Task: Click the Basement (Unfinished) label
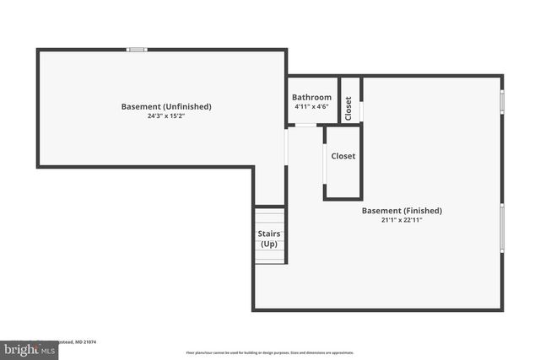[166, 106]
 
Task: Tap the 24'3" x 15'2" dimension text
[166, 116]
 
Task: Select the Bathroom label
[312, 98]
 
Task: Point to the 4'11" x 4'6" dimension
[312, 107]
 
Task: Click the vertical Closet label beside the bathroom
[349, 107]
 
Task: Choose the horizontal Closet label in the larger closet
[343, 156]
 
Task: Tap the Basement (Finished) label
[402, 210]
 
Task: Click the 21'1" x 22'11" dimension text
[402, 220]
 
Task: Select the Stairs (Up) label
[269, 239]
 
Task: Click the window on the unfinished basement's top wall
[137, 50]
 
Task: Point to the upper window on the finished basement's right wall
[503, 102]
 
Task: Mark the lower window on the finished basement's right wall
[503, 227]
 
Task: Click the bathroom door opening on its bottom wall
[304, 126]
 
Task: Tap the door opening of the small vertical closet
[361, 112]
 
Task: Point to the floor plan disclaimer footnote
[270, 352]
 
